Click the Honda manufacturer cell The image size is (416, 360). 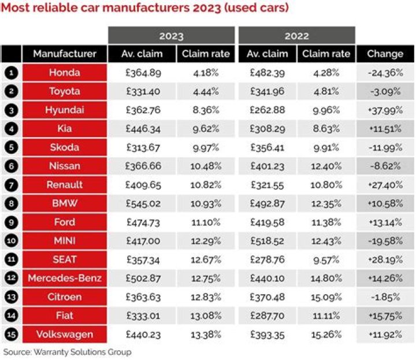coord(64,73)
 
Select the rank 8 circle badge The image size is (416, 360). coord(10,203)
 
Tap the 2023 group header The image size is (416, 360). coord(171,36)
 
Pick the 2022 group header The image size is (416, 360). coord(296,36)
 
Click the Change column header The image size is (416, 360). coord(385,54)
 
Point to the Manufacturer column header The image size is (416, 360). coord(64,54)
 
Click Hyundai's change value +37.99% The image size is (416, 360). coord(385,110)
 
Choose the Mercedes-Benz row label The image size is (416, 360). coord(64,278)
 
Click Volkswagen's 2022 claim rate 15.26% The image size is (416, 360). coord(326,334)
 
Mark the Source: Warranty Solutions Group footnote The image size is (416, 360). coord(67,351)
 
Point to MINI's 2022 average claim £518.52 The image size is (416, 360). coord(267,241)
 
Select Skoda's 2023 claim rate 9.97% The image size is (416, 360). coord(206,147)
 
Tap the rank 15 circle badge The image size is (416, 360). coord(10,334)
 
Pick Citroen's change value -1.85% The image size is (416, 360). coord(385,297)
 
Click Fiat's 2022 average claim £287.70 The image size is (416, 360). coord(267,316)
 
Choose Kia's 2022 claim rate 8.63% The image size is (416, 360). coord(326,129)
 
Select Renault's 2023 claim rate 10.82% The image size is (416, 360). coord(206,185)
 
